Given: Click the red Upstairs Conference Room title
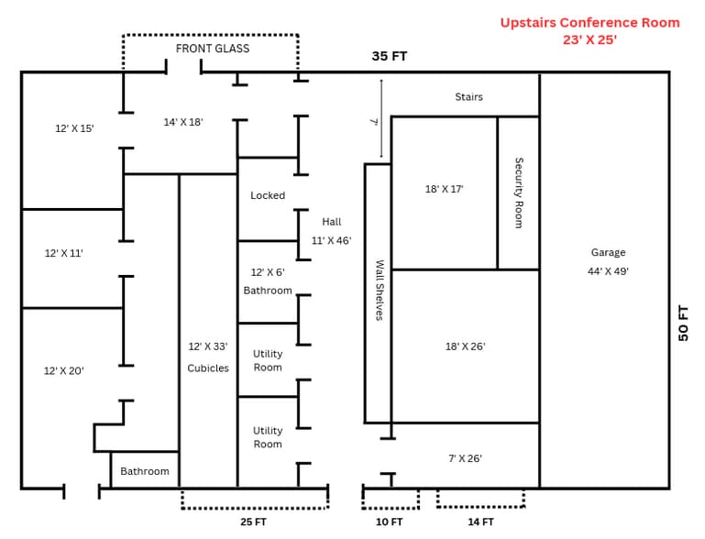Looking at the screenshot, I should point(589,22).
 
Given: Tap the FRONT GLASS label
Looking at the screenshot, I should point(213,49).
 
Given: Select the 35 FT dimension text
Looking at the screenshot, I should point(389,57).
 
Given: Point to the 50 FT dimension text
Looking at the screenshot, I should point(683,323).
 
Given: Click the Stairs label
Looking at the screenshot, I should point(468,96).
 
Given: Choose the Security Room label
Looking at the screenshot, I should point(519,192).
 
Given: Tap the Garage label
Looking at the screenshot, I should point(608,252).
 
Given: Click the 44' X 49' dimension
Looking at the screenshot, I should point(608,271).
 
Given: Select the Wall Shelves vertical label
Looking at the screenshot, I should point(379,290).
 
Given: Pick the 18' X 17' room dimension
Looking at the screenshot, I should point(444,189).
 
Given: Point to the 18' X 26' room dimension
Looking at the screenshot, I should point(465,346).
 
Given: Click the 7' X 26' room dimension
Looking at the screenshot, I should point(465,457).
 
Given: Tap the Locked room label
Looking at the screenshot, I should point(268,195).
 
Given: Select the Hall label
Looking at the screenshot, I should point(331,222).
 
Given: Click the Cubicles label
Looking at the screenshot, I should point(208,368).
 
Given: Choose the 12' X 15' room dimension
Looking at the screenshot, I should point(74,128).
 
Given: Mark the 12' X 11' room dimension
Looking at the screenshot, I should point(64,253).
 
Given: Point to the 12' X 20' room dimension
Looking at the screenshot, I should point(64,371).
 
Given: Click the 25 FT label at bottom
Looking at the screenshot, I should point(253,522).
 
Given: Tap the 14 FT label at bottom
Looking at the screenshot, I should point(480,522).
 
